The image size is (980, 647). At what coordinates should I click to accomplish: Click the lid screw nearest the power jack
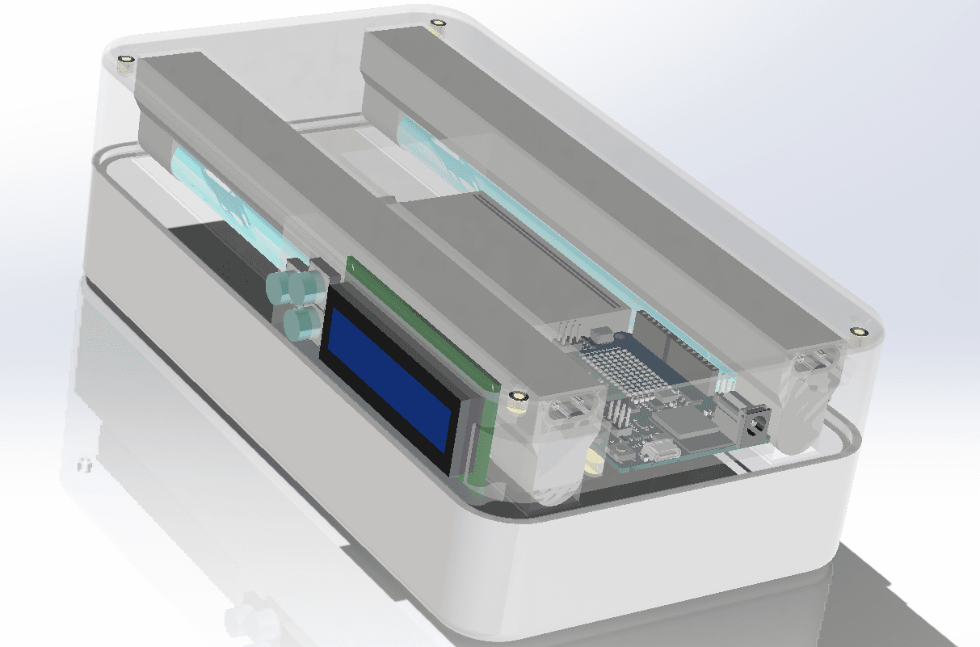(x=858, y=331)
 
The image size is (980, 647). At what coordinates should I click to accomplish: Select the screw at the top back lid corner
(x=438, y=23)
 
